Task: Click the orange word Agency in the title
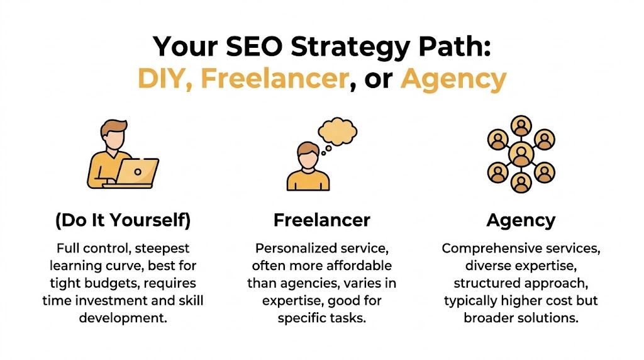453,79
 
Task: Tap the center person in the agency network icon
521,154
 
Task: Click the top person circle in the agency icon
521,125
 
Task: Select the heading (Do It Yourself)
123,220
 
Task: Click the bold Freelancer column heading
321,220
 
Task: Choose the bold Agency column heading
521,220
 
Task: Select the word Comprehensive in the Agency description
482,248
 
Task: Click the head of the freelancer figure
308,154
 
